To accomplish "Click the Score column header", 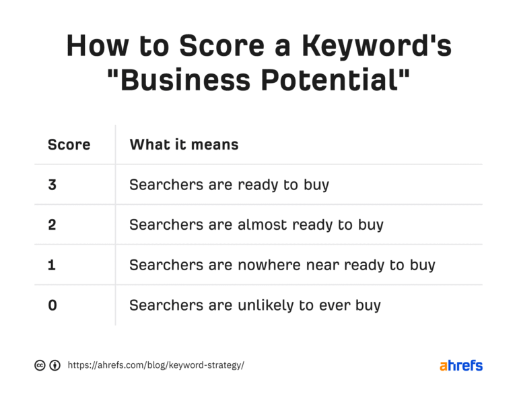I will [x=69, y=144].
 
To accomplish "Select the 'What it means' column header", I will [x=184, y=144].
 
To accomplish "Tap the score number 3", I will [x=53, y=184].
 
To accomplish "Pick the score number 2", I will [x=53, y=224].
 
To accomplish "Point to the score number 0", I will [x=53, y=305].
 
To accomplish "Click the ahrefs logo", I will [x=461, y=366].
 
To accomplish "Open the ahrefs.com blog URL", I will [x=156, y=366].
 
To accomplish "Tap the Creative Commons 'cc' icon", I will [x=40, y=366].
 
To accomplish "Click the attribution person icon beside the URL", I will [x=55, y=366].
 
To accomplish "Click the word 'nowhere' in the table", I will [x=264, y=265].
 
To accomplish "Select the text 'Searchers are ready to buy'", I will [x=229, y=184].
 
